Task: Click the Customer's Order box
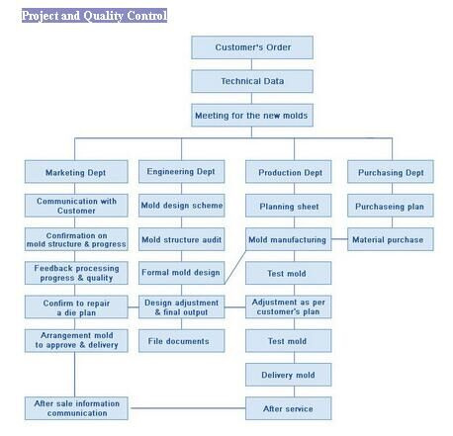252,47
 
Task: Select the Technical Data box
252,81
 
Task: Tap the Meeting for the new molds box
252,116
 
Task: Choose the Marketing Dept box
76,172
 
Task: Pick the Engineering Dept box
182,172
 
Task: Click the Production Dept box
289,172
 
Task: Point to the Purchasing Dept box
391,172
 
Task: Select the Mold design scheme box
182,206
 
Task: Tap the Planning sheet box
289,206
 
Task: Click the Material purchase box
391,239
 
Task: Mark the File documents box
182,341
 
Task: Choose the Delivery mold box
289,375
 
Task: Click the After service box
289,408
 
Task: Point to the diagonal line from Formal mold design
235,267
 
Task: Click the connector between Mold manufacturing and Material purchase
339,239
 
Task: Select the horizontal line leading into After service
188,408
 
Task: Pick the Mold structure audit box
182,239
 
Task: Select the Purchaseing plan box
391,206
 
